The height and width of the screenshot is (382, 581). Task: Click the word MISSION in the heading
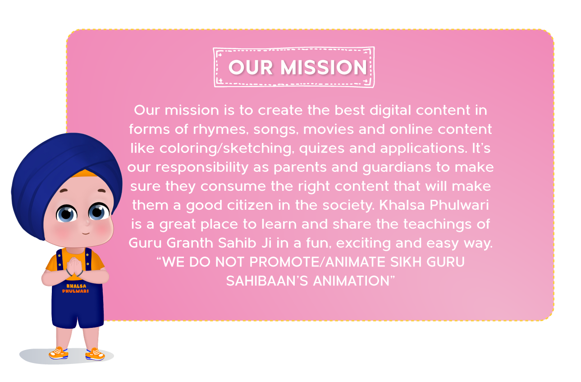[324, 67]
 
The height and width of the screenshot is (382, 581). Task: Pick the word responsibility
[202, 168]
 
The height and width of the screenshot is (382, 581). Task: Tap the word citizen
[250, 205]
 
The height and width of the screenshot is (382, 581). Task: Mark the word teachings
[437, 225]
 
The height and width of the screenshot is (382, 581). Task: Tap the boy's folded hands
[74, 266]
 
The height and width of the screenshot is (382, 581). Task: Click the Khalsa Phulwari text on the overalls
[75, 289]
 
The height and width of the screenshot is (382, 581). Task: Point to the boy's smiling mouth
[86, 233]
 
